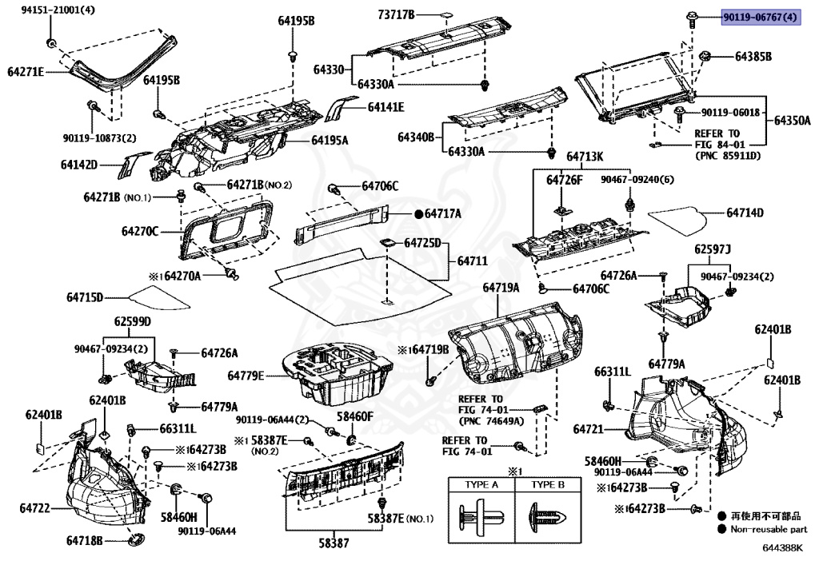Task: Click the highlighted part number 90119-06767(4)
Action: (x=761, y=17)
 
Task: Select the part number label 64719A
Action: (x=501, y=288)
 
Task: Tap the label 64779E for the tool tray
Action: (x=246, y=376)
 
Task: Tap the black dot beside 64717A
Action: (x=417, y=214)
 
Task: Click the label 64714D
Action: (x=745, y=213)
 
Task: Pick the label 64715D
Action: (x=85, y=298)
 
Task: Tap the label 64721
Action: (x=588, y=429)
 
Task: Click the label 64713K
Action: (x=586, y=157)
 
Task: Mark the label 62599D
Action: (x=131, y=322)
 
